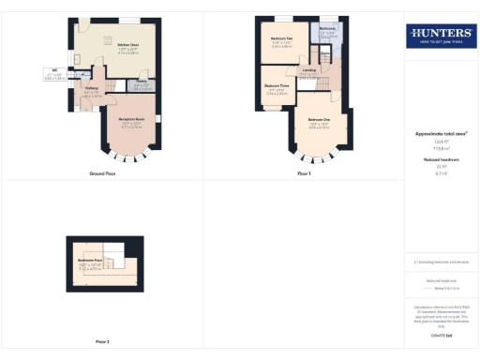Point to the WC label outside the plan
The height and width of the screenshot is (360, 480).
pyautogui.click(x=55, y=70)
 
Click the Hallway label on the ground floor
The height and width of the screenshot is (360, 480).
pyautogui.click(x=90, y=89)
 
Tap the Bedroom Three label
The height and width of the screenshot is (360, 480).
pyautogui.click(x=276, y=85)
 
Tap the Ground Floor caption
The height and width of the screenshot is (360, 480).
pyautogui.click(x=102, y=174)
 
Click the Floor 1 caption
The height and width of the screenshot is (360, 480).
pyautogui.click(x=303, y=174)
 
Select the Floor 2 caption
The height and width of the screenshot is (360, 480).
pyautogui.click(x=102, y=341)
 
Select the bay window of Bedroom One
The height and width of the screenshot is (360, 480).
pyautogui.click(x=323, y=155)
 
